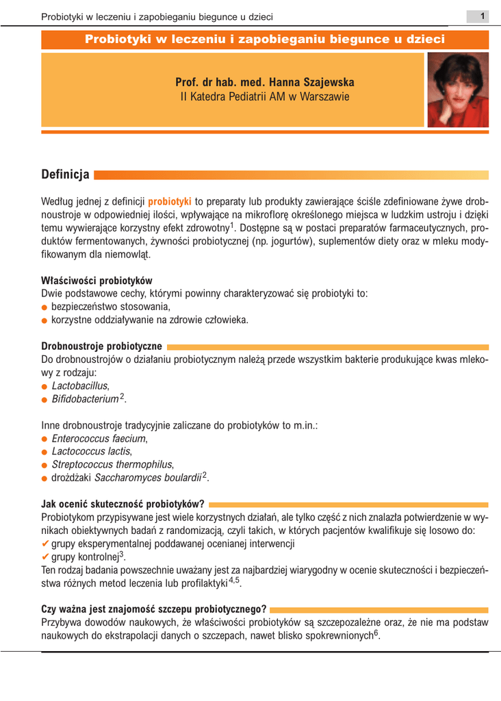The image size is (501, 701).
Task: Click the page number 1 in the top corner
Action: click(x=483, y=16)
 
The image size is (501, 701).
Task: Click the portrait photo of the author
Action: click(x=458, y=90)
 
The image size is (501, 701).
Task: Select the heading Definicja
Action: click(x=65, y=175)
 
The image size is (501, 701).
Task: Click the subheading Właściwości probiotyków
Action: click(x=97, y=281)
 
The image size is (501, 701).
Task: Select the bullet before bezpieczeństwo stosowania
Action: click(x=44, y=307)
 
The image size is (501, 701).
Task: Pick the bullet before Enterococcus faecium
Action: click(x=44, y=439)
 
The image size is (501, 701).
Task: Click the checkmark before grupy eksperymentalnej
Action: click(x=45, y=544)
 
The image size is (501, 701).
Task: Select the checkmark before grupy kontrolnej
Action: click(x=45, y=557)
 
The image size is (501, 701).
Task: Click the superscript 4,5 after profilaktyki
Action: click(x=234, y=580)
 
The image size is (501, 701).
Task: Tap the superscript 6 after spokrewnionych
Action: click(x=376, y=633)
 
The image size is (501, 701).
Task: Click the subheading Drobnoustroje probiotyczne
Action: click(x=101, y=346)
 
